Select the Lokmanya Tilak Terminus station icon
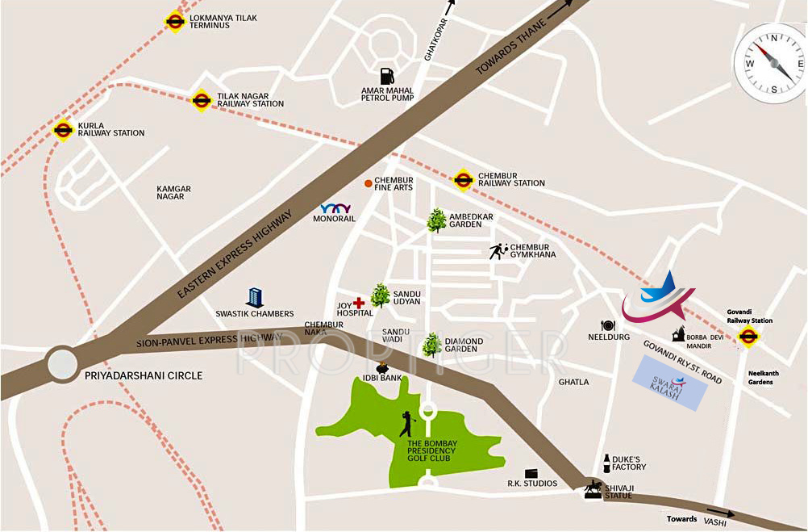click(175, 22)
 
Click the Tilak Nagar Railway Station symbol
click(202, 99)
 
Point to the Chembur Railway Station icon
click(463, 179)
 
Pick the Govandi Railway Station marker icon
click(748, 336)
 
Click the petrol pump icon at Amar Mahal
click(388, 76)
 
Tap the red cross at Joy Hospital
click(359, 303)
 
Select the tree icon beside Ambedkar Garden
click(436, 220)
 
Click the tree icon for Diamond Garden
click(432, 345)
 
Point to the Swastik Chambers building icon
click(255, 297)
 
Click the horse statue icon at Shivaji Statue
click(594, 489)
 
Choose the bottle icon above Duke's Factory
click(606, 463)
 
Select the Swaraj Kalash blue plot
click(670, 382)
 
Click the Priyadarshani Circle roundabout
click(63, 362)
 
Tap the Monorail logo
click(335, 208)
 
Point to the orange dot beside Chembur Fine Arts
click(368, 184)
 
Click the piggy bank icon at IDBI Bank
click(383, 370)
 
